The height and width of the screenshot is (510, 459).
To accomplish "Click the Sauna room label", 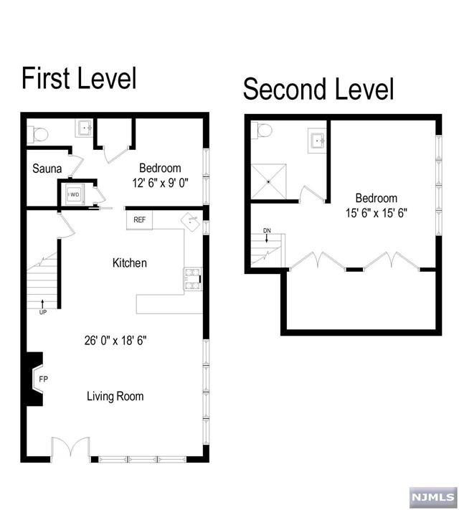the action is [x=47, y=169].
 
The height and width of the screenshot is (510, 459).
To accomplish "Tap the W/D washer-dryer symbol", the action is [x=75, y=194].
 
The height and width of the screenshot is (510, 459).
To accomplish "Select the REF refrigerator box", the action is [x=139, y=220].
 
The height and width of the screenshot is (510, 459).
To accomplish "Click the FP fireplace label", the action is [x=43, y=379].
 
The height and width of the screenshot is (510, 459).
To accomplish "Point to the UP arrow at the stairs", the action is [x=42, y=303].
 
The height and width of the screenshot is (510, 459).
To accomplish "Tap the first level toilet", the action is [x=38, y=134].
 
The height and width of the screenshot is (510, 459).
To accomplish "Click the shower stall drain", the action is [x=268, y=181].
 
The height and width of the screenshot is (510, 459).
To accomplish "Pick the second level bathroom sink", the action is [x=317, y=140].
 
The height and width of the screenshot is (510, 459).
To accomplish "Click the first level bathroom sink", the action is [x=84, y=128].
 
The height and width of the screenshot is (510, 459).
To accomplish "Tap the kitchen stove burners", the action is [x=192, y=279].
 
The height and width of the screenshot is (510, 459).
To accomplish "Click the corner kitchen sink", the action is [x=191, y=222].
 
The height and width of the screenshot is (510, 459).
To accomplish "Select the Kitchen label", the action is [x=130, y=263].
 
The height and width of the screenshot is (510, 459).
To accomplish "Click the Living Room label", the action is [x=115, y=396].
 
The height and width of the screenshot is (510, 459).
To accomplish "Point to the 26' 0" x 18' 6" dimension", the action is [x=115, y=341].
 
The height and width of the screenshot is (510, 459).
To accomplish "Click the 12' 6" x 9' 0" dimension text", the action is [x=160, y=183].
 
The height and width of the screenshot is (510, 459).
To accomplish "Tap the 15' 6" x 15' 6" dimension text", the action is [x=377, y=213].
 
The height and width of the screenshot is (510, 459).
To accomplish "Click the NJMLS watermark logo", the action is [x=433, y=497].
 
